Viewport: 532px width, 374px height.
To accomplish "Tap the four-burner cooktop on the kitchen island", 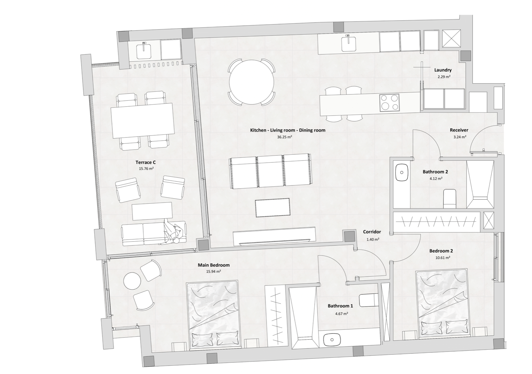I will tap(389, 103).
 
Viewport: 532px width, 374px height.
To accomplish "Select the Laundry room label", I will tap(443, 70).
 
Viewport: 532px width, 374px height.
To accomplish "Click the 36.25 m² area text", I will tap(284, 137).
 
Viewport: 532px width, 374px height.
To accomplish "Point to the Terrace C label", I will tap(145, 162).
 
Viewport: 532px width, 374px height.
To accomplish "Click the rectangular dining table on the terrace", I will tap(143, 120).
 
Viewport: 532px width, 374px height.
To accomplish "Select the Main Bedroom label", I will tap(213, 265).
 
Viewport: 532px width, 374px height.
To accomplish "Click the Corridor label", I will tap(372, 232).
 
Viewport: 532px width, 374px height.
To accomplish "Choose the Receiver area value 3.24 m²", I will tap(460, 137).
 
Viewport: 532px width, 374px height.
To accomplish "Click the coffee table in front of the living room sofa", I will tap(273, 208).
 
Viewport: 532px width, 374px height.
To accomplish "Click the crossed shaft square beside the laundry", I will tap(451, 38).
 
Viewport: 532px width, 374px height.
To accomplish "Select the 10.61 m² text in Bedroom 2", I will tap(442, 258).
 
